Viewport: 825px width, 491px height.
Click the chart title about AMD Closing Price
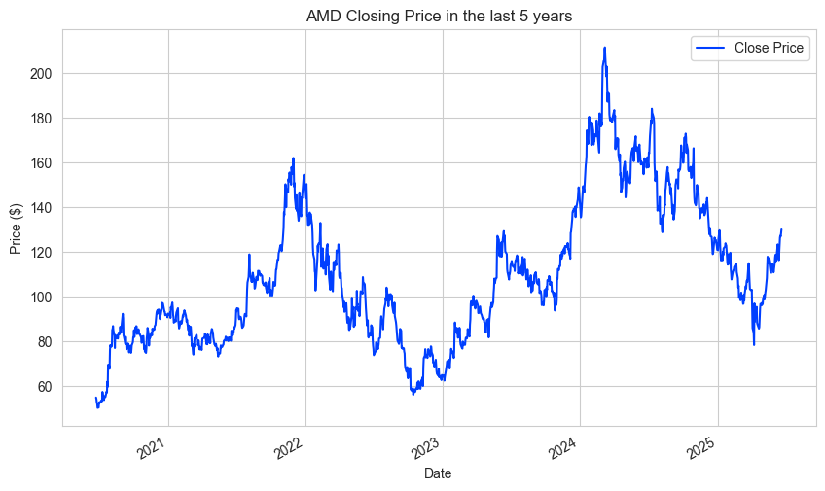pyautogui.click(x=439, y=16)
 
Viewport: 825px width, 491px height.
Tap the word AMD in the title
pyautogui.click(x=324, y=16)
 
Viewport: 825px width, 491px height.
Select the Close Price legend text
pyautogui.click(x=771, y=49)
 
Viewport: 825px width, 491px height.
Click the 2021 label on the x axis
pyautogui.click(x=152, y=448)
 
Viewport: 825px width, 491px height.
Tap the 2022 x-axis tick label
pyautogui.click(x=289, y=448)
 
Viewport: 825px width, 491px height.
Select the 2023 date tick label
pyautogui.click(x=426, y=448)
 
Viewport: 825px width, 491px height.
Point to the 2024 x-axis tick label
pyautogui.click(x=563, y=448)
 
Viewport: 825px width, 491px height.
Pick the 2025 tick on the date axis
pyautogui.click(x=700, y=448)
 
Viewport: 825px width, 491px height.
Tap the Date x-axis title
pyautogui.click(x=439, y=473)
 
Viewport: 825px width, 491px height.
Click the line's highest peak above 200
pyautogui.click(x=604, y=48)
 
